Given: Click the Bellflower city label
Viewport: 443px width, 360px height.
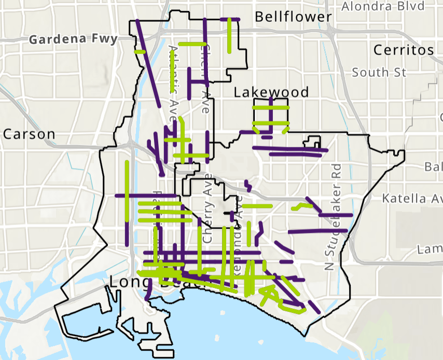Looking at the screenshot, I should (x=293, y=17).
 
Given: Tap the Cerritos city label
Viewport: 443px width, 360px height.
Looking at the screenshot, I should (x=403, y=50).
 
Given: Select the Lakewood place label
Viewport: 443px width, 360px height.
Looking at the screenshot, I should (x=271, y=92).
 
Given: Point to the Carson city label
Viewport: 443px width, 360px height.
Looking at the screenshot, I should (x=29, y=134).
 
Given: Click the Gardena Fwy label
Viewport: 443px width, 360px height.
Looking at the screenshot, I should (x=73, y=39).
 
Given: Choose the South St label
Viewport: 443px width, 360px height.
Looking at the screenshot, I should (x=379, y=72).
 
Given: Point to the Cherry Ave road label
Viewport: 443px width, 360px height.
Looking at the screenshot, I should (x=209, y=213).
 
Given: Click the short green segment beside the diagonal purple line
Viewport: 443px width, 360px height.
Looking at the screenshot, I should (x=140, y=51).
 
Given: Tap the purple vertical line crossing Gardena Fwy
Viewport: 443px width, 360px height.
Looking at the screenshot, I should (x=205, y=47).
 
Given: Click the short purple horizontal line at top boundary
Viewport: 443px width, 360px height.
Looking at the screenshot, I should (x=230, y=19).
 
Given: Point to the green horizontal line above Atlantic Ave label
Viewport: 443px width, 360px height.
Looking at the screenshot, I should (x=190, y=44).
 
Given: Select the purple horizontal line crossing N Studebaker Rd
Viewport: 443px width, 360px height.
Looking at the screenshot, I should (x=336, y=214).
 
